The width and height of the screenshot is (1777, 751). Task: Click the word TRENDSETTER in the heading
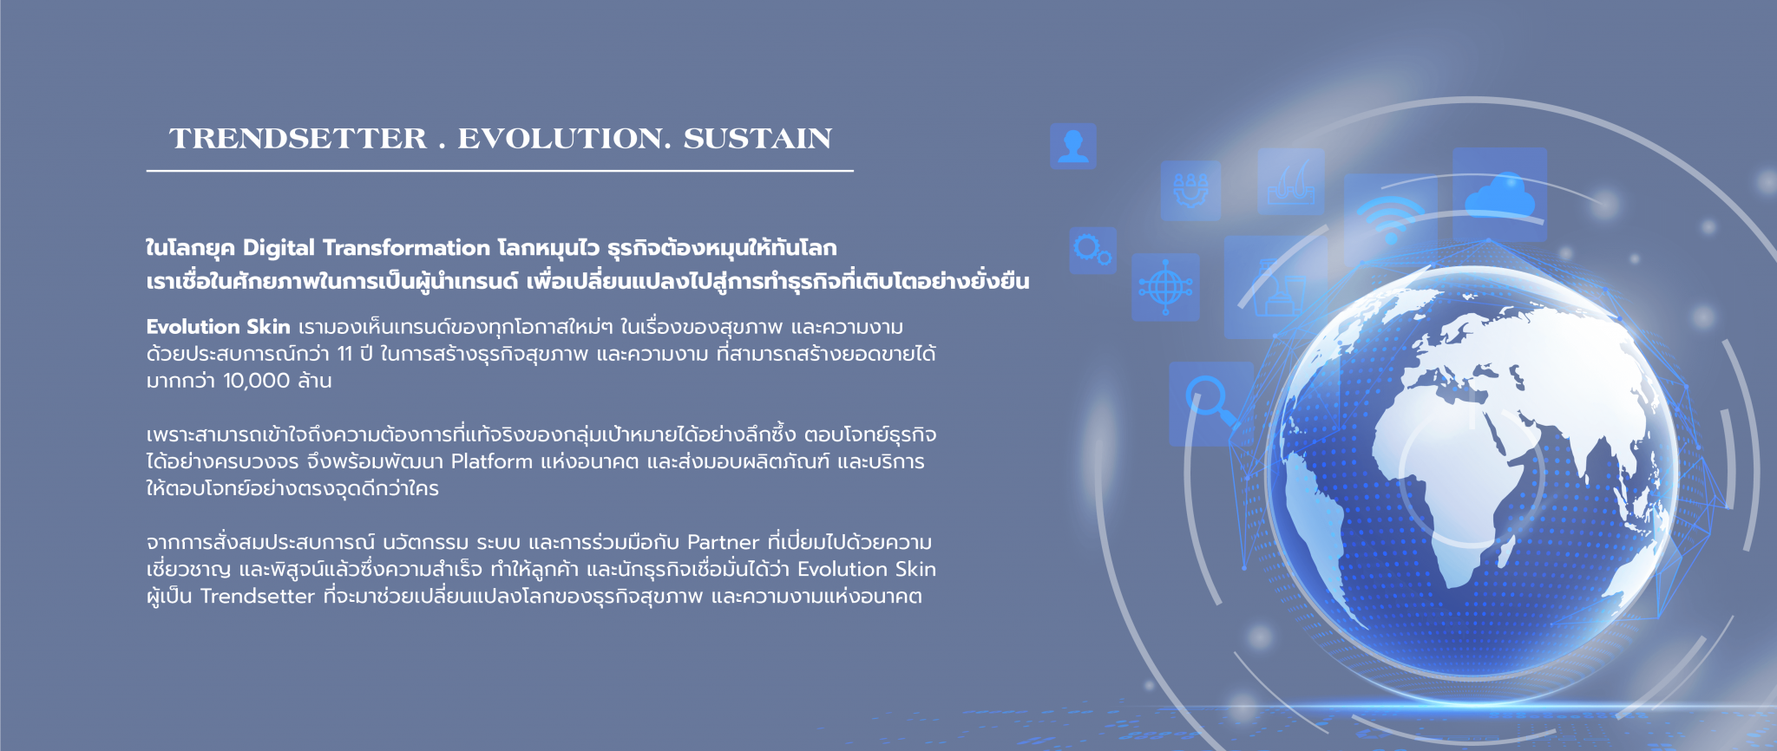coord(298,139)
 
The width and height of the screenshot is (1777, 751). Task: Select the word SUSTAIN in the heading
coord(757,139)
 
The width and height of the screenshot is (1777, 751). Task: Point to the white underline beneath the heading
coord(500,171)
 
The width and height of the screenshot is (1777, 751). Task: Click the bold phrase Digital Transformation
coord(366,248)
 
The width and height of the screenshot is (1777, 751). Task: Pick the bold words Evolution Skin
coord(218,327)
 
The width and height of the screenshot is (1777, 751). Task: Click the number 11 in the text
coord(344,354)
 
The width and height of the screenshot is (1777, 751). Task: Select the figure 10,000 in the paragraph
coord(256,381)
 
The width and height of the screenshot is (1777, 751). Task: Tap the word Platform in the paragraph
coord(491,461)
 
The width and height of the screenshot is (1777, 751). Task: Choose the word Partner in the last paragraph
coord(723,543)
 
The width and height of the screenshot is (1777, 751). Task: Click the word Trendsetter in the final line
coord(257,597)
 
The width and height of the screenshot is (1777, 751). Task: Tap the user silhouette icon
coord(1073,146)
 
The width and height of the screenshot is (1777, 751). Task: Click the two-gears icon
coord(1092,251)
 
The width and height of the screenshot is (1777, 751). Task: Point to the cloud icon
coord(1499,194)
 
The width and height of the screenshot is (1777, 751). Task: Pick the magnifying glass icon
coord(1211,402)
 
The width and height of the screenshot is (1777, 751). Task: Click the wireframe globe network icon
coord(1165,287)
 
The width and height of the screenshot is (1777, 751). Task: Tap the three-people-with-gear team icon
coord(1190,190)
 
